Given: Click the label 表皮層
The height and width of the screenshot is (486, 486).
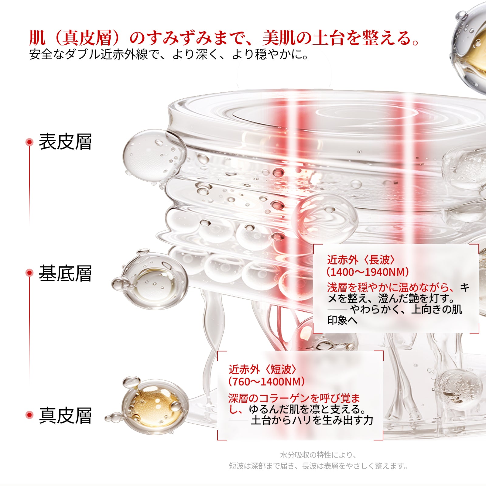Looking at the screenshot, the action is [x=65, y=142].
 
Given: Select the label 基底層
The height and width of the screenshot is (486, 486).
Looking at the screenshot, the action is [x=65, y=273].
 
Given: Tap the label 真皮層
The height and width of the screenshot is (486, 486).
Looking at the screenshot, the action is [x=65, y=415].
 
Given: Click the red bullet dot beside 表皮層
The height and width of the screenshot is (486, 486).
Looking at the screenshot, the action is [x=29, y=142].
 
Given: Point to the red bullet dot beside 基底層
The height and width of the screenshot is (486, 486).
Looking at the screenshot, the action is [x=29, y=273].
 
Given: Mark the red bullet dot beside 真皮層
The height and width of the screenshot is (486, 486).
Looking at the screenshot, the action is [x=29, y=415].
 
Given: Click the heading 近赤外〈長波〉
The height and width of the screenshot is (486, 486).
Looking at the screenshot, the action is [x=361, y=260].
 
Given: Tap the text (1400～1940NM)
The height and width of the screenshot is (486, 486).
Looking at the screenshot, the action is [x=368, y=272].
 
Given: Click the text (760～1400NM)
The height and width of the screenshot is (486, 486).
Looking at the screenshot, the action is [x=266, y=382].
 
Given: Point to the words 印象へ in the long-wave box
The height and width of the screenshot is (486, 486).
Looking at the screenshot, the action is [x=342, y=320].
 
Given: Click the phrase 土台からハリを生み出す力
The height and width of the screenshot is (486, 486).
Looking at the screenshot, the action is [x=312, y=420].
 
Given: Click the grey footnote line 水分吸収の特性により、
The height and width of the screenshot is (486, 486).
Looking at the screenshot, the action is [x=318, y=455].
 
